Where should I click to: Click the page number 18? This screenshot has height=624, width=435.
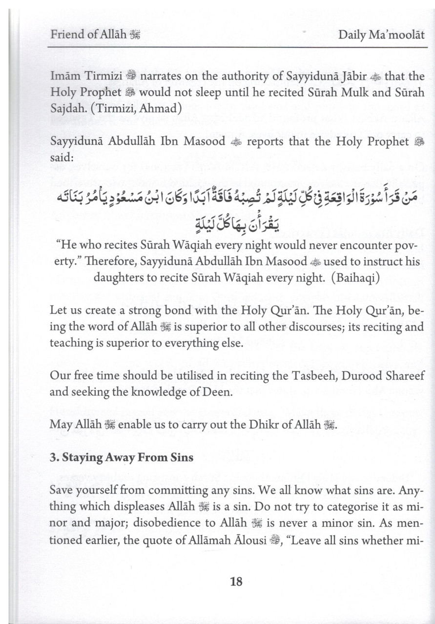click(236, 581)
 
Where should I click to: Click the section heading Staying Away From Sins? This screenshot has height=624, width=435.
click(122, 458)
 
